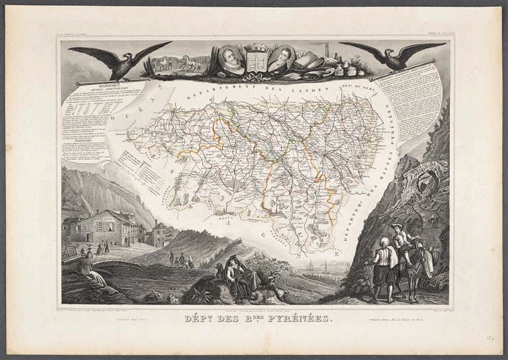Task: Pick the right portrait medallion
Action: pyautogui.click(x=282, y=58)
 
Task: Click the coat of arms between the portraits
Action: pyautogui.click(x=256, y=58)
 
